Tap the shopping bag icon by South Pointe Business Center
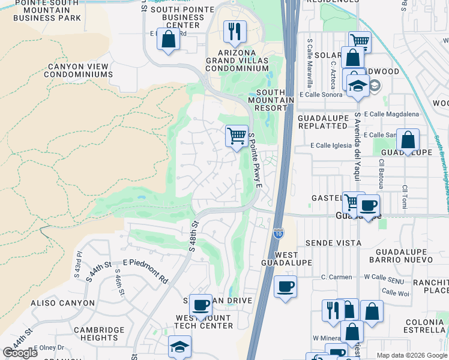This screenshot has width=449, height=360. pyautogui.click(x=169, y=40)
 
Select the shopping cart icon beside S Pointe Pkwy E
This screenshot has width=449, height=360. pyautogui.click(x=237, y=136)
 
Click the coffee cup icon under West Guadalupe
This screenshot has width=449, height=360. pyautogui.click(x=286, y=286)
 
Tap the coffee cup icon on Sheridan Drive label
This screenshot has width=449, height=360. pyautogui.click(x=200, y=305)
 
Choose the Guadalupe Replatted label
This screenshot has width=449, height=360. pyautogui.click(x=323, y=122)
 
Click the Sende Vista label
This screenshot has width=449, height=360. pyautogui.click(x=333, y=243)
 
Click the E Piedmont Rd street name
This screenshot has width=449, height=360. pyautogui.click(x=145, y=271)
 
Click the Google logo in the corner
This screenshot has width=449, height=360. pyautogui.click(x=20, y=353)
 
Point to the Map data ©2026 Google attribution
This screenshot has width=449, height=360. pyautogui.click(x=411, y=355)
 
